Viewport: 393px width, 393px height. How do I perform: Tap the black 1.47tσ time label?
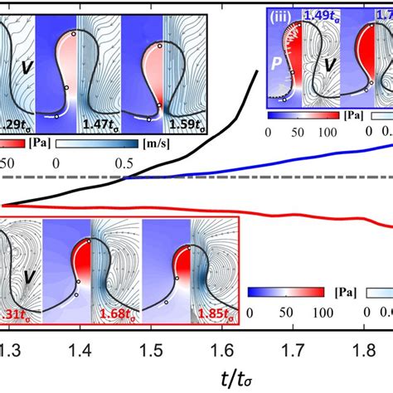(99, 124)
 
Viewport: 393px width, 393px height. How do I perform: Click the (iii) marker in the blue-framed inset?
(283, 13)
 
